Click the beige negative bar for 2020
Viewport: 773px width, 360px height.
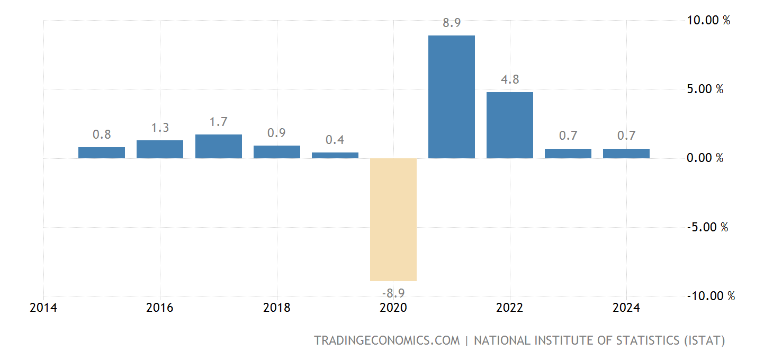[x=393, y=219]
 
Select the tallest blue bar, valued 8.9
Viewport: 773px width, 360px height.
[x=452, y=97]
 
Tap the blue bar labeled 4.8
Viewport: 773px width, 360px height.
[x=510, y=125]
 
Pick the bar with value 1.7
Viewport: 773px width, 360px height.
[x=219, y=146]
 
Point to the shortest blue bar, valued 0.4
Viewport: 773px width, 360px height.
[x=335, y=155]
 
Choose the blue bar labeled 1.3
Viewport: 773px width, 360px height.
[x=160, y=149]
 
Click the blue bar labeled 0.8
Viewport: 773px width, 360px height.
[x=102, y=152]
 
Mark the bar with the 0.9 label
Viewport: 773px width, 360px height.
[x=277, y=152]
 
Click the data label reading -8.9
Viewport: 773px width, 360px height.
[x=393, y=292]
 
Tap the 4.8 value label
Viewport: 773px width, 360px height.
[x=510, y=79]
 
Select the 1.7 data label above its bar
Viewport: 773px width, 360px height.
[x=219, y=122]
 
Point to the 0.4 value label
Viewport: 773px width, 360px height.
[x=335, y=140]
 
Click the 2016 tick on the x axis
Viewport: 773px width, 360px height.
[x=160, y=308]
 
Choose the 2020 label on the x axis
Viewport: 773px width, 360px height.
[x=393, y=308]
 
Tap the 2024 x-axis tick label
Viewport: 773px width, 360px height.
[x=626, y=308]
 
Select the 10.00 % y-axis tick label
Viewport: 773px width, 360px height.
[x=708, y=21]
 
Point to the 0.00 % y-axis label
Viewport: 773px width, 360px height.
[x=705, y=158]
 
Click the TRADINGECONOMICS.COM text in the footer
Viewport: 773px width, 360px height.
[x=387, y=340]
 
